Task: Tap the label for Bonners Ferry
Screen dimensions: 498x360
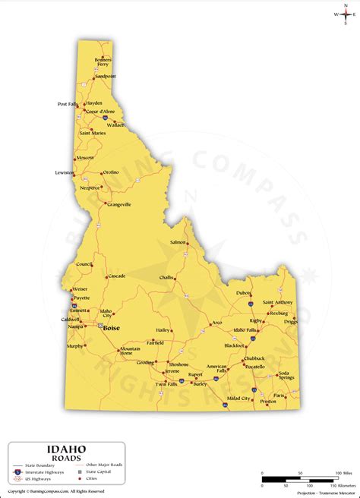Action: click(x=103, y=62)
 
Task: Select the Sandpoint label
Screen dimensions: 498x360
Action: click(x=106, y=76)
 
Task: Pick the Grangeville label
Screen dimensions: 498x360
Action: click(x=119, y=204)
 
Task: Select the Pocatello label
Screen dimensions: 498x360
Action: click(x=255, y=366)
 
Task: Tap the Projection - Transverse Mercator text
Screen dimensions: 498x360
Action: click(x=319, y=490)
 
